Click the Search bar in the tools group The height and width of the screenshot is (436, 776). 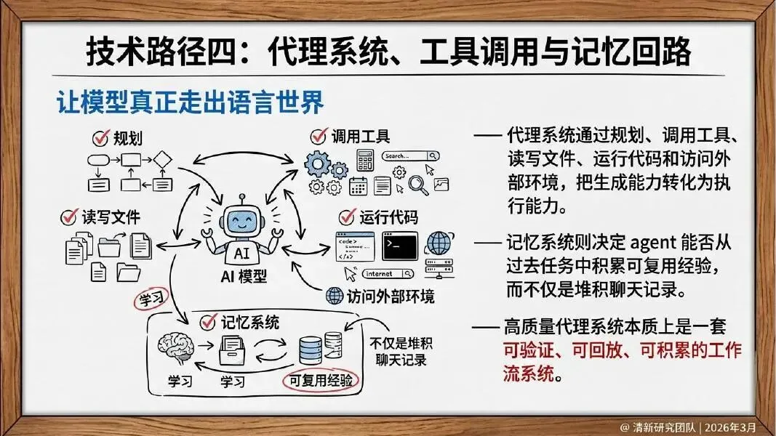(411, 156)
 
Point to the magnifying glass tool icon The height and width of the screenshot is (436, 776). (419, 186)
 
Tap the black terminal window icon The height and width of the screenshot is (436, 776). (399, 246)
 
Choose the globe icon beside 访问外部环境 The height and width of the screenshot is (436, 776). (335, 296)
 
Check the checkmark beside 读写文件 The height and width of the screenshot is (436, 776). (70, 217)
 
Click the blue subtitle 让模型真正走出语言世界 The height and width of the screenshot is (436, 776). (191, 103)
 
